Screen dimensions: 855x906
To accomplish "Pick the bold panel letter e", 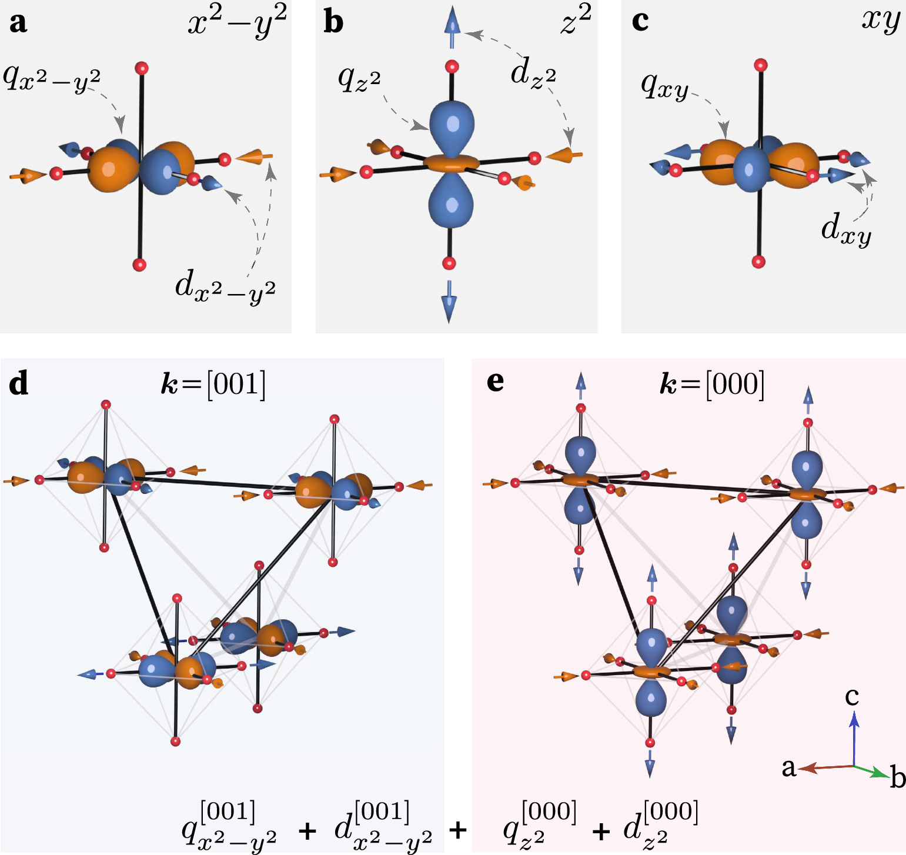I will pyautogui.click(x=495, y=382).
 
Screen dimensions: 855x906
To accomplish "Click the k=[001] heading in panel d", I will pyautogui.click(x=213, y=385).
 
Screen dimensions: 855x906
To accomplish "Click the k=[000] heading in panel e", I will pyautogui.click(x=711, y=385).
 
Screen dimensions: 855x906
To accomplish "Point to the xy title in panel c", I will pyautogui.click(x=880, y=21).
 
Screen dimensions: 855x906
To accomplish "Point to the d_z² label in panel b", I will pyautogui.click(x=533, y=74).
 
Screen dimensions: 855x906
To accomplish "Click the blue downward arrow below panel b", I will pyautogui.click(x=449, y=301).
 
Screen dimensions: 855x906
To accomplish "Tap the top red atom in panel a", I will pyautogui.click(x=141, y=68).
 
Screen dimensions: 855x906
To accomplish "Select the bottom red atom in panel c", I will pyautogui.click(x=758, y=262).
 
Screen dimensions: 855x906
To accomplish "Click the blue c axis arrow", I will pyautogui.click(x=854, y=735).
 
